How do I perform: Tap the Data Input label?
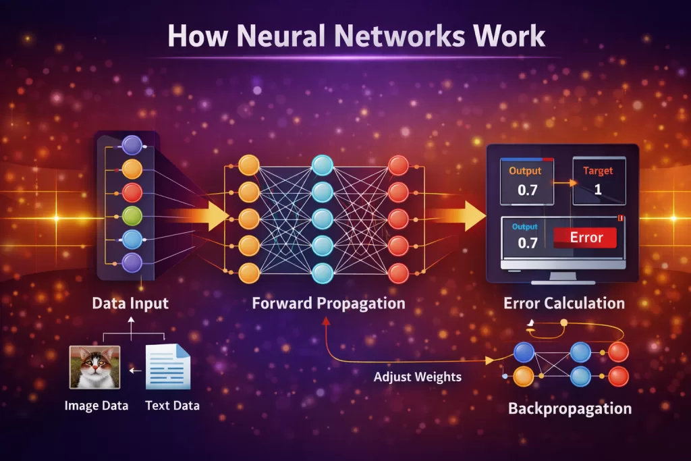click(x=130, y=303)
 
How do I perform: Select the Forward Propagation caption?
click(x=329, y=303)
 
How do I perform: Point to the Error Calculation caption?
click(x=564, y=303)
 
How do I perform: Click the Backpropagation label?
click(x=570, y=408)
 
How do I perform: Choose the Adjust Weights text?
click(x=418, y=377)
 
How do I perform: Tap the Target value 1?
click(x=597, y=190)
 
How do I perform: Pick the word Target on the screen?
click(x=599, y=171)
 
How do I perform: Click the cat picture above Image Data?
click(x=94, y=367)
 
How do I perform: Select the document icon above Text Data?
click(x=169, y=367)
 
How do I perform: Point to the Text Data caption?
click(x=172, y=406)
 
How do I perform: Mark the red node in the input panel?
click(x=133, y=192)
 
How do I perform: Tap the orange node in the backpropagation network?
click(x=524, y=376)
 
